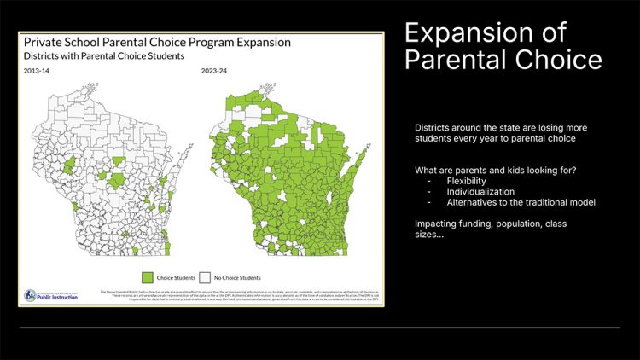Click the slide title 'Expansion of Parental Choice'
tap(503, 47)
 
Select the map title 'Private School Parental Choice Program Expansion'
tap(157, 42)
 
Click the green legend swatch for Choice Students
tap(147, 277)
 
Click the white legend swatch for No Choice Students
tap(204, 277)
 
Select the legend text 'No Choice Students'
tap(237, 277)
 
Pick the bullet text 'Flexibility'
tap(465, 181)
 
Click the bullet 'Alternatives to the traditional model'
tap(520, 202)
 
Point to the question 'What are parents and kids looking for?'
tap(495, 170)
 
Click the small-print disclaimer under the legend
tap(239, 295)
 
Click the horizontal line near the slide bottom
tap(320, 327)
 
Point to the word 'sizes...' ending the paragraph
tap(429, 235)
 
